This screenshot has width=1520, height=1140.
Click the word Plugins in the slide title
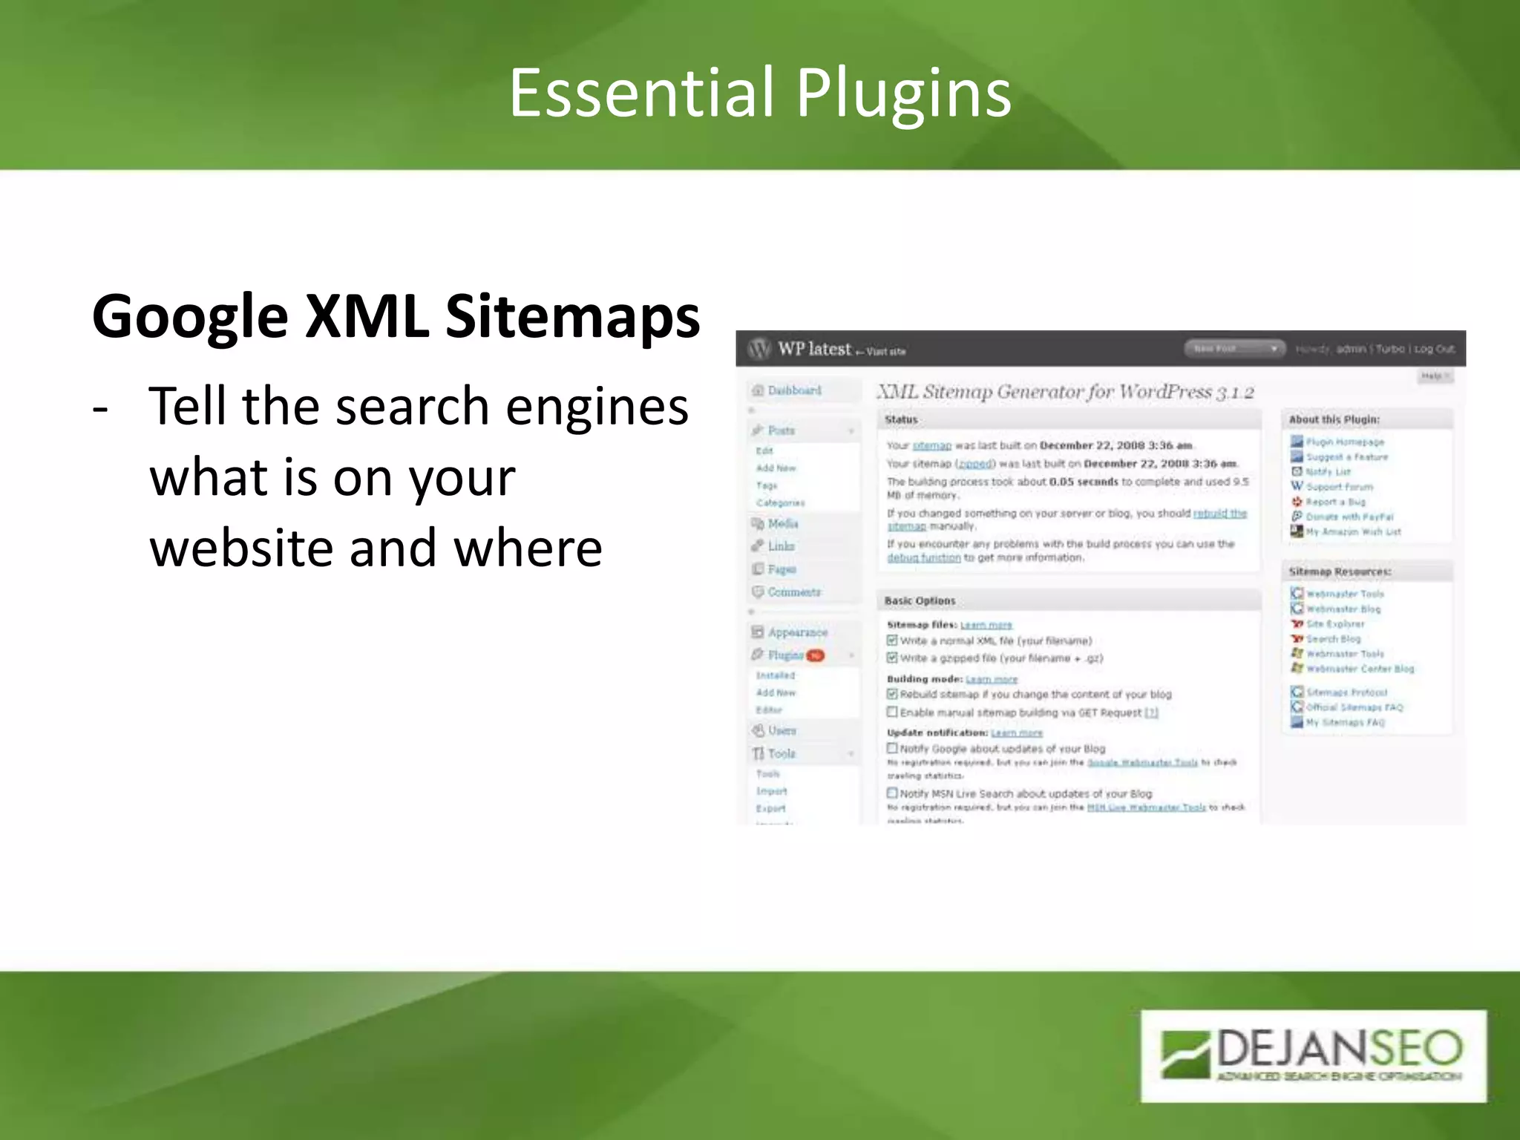coord(904,95)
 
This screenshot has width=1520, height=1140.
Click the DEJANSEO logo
coord(1313,1055)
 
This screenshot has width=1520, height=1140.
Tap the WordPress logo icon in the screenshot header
coord(759,348)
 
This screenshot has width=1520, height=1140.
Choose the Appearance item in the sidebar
coord(797,632)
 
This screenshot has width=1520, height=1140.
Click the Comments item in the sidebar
coord(794,592)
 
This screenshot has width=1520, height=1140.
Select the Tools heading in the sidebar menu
coord(782,753)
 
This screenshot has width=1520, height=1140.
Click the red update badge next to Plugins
coord(815,655)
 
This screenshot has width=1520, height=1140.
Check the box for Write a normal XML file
coord(893,641)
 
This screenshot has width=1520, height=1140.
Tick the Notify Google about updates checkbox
coord(893,748)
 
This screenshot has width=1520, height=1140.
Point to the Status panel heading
coord(901,419)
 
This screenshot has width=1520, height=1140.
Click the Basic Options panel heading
coord(920,600)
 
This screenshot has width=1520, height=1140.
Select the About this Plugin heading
coord(1334,419)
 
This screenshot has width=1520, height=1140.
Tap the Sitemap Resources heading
coord(1340,571)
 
